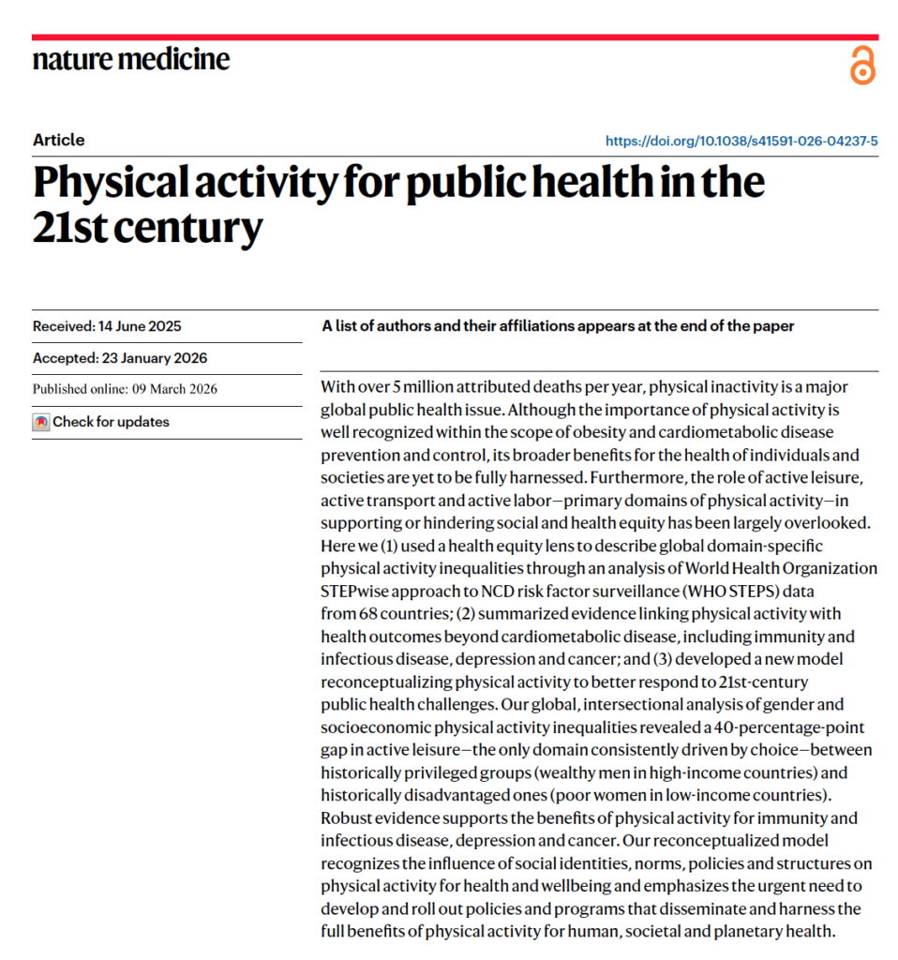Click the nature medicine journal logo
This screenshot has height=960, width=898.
(131, 60)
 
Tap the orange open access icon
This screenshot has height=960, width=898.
(862, 66)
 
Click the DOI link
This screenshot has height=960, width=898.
(741, 142)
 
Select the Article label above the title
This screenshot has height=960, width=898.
(58, 140)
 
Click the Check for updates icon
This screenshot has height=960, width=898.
(40, 422)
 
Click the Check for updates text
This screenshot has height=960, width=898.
(111, 422)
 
